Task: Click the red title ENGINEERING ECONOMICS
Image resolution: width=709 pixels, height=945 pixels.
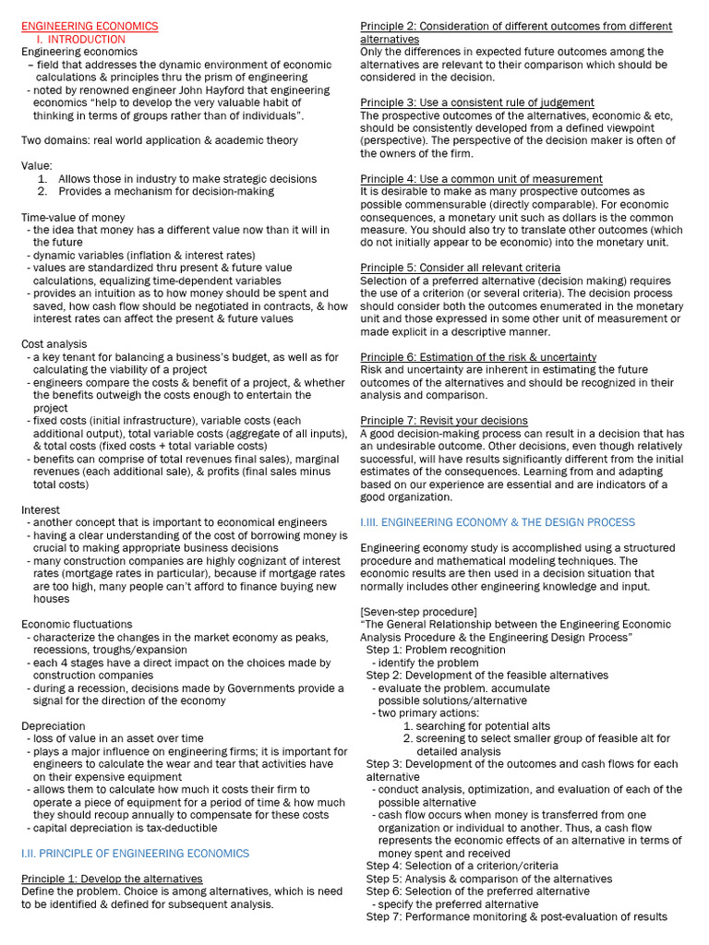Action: point(90,27)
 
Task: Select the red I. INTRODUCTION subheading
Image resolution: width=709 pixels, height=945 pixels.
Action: point(81,40)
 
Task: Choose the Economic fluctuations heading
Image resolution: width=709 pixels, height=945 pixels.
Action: point(77,624)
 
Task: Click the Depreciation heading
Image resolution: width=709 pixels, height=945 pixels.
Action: point(54,726)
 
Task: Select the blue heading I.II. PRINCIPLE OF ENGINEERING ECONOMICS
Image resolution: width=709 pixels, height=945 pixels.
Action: point(135,854)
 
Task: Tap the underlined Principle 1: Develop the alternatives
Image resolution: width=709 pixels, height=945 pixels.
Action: point(112,879)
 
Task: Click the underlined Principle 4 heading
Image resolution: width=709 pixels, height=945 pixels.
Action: point(481,179)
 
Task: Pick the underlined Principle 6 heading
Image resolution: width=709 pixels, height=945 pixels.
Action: point(478,357)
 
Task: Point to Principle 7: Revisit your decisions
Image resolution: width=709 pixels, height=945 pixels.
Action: point(444,421)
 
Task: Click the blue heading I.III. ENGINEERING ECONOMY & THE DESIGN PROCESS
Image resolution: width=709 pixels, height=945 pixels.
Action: point(498,522)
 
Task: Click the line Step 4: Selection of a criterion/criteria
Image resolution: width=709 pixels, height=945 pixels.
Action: point(462,866)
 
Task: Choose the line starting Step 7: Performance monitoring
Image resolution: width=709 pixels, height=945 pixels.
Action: point(516,916)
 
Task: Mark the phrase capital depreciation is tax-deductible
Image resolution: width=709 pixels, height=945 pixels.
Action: point(125,828)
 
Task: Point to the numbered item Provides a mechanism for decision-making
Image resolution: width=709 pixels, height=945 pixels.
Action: point(166,191)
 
